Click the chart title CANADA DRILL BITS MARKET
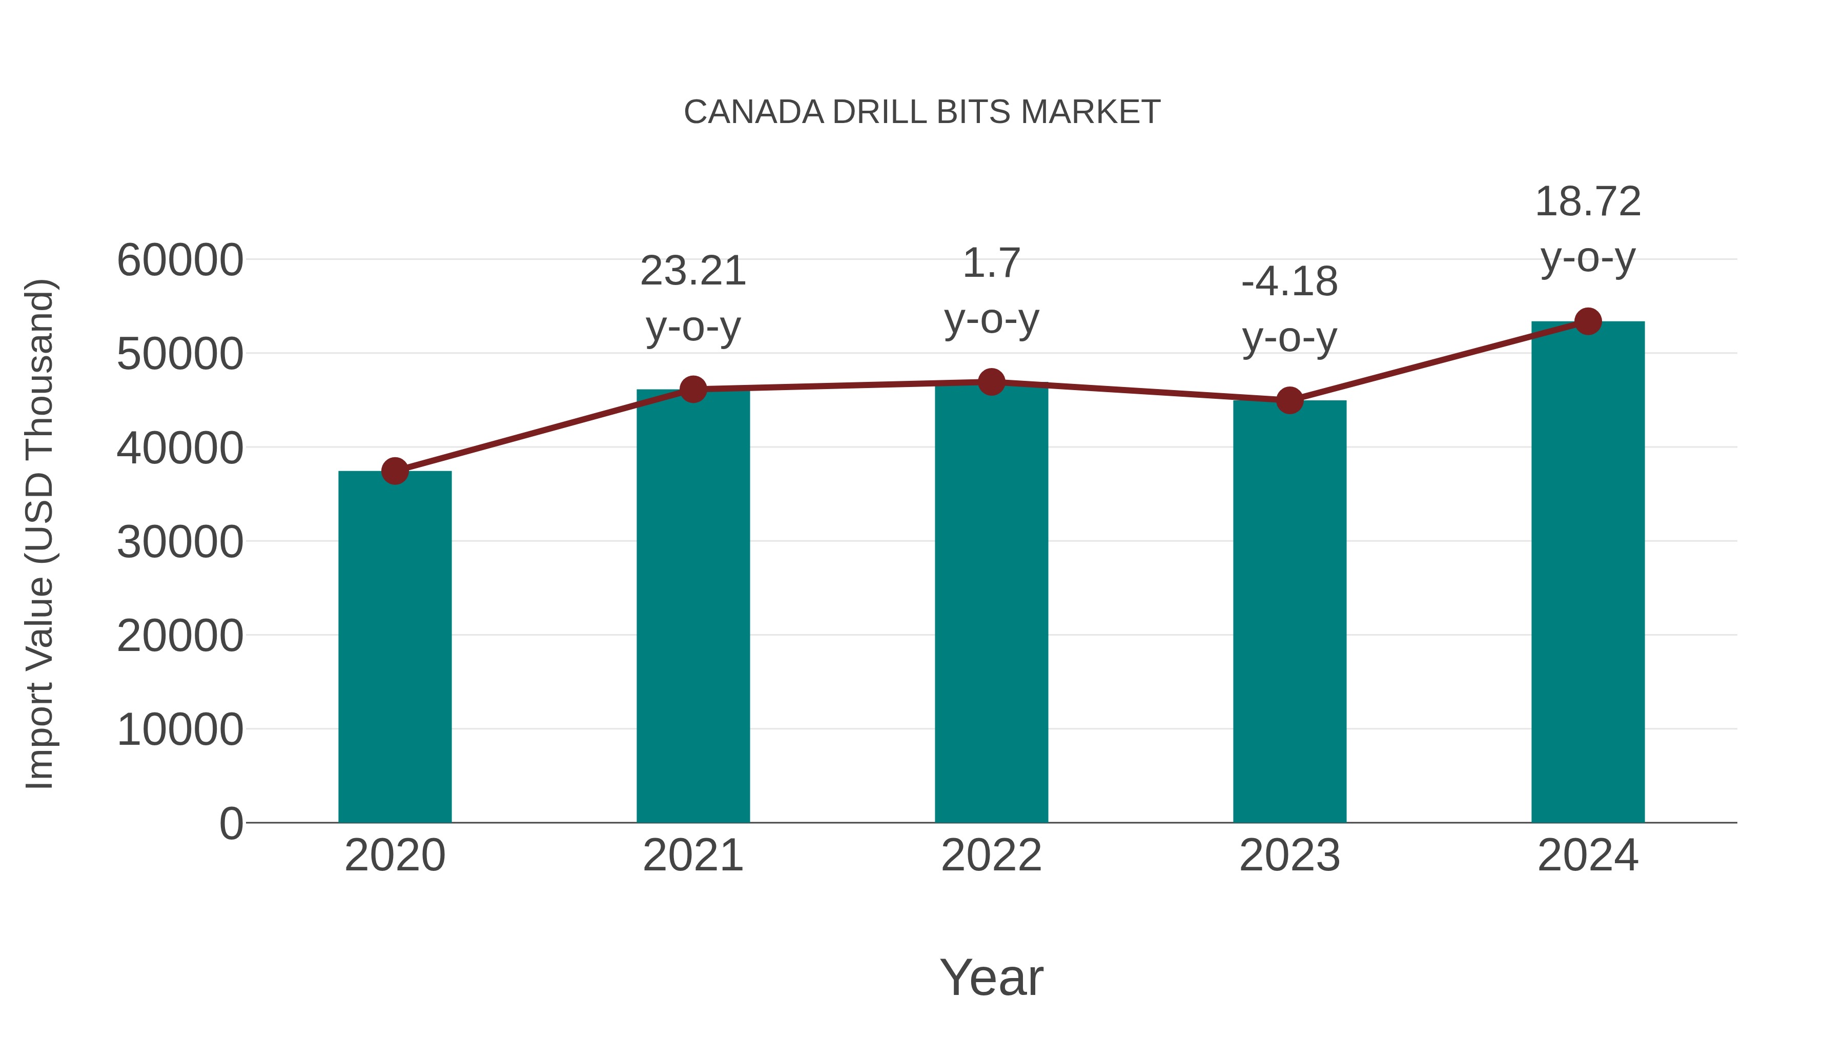[922, 112]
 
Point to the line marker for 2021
[692, 389]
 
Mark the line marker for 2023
[1289, 400]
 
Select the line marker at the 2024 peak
[1588, 321]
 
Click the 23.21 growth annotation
[692, 272]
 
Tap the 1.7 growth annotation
[991, 263]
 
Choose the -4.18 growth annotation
[1289, 281]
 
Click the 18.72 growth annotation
[1588, 202]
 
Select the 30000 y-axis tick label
[180, 542]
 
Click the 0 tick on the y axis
[231, 823]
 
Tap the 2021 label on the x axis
[692, 856]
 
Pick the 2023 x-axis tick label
[1289, 856]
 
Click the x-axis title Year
[991, 977]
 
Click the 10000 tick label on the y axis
[180, 729]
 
